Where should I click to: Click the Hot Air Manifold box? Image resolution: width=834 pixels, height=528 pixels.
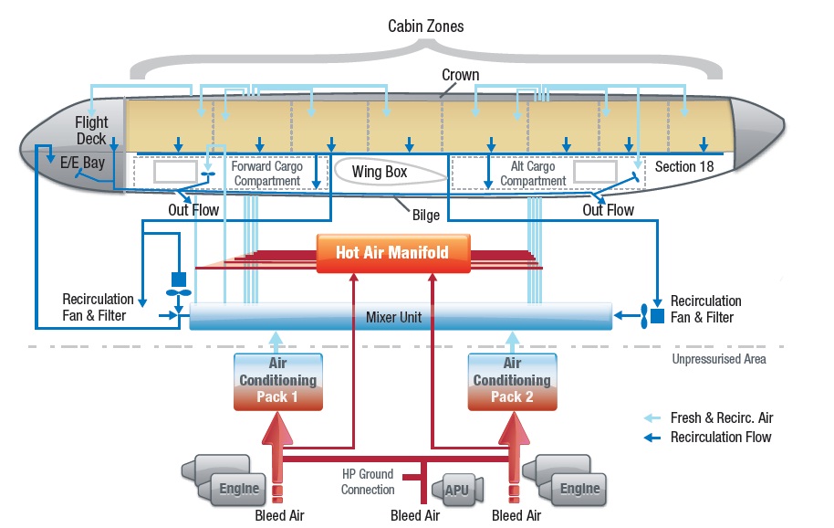pyautogui.click(x=392, y=251)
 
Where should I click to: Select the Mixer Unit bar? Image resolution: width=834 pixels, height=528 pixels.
pyautogui.click(x=400, y=317)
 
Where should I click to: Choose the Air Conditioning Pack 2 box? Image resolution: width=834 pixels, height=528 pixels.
pyautogui.click(x=511, y=380)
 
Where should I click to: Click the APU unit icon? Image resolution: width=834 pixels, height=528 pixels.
pyautogui.click(x=456, y=490)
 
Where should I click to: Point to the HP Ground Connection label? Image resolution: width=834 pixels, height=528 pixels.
pyautogui.click(x=368, y=481)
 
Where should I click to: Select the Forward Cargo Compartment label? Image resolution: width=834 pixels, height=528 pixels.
pyautogui.click(x=266, y=174)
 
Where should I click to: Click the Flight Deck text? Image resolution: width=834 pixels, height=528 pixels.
pyautogui.click(x=91, y=130)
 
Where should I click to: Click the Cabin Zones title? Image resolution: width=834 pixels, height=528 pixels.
pyautogui.click(x=426, y=26)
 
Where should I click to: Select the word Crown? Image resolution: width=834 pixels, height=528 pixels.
pyautogui.click(x=460, y=75)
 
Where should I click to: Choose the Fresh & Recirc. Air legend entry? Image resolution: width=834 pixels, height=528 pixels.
pyautogui.click(x=721, y=417)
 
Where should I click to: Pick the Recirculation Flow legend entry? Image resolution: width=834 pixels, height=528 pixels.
pyautogui.click(x=721, y=437)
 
